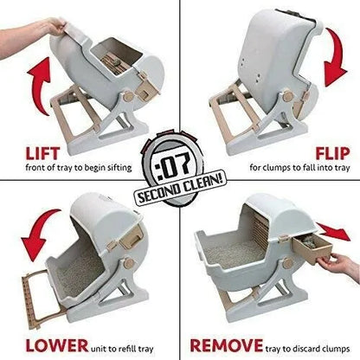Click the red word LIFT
pyautogui.click(x=42, y=153)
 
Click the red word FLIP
pyautogui.click(x=332, y=153)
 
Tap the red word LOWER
pyautogui.click(x=57, y=345)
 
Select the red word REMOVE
pyautogui.click(x=227, y=345)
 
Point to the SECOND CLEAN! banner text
pyautogui.click(x=180, y=188)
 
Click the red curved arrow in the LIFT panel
pyautogui.click(x=41, y=85)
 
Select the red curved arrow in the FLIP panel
pyautogui.click(x=336, y=58)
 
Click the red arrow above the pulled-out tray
pyautogui.click(x=335, y=231)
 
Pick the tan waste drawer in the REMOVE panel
pyautogui.click(x=312, y=249)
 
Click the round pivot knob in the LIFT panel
pyautogui.click(x=128, y=97)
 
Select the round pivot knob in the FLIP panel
pyautogui.click(x=287, y=96)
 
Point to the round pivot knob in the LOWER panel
pyautogui.click(x=129, y=263)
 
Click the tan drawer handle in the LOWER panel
pyautogui.click(x=132, y=236)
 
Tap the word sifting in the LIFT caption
pyautogui.click(x=119, y=168)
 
